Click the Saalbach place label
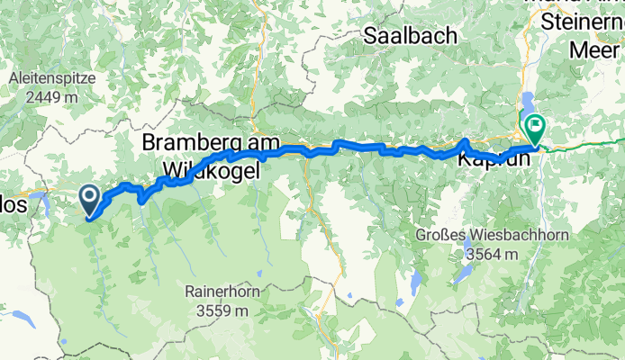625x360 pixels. coord(409,36)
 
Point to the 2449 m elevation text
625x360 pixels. coord(52,96)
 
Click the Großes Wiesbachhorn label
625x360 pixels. coord(479,235)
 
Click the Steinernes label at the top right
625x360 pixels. coord(583,20)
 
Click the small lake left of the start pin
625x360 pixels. coord(41,193)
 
